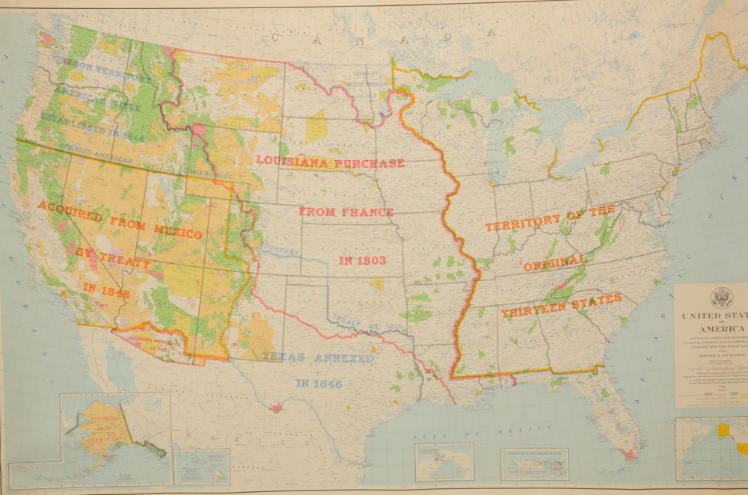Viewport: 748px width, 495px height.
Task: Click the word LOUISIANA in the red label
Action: click(x=293, y=161)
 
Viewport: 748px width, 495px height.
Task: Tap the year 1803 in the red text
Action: click(x=362, y=260)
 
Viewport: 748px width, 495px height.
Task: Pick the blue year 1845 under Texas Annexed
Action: click(x=319, y=384)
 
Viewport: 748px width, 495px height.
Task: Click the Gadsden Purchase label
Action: click(x=149, y=340)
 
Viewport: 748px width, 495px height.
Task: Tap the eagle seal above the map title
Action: click(x=722, y=297)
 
